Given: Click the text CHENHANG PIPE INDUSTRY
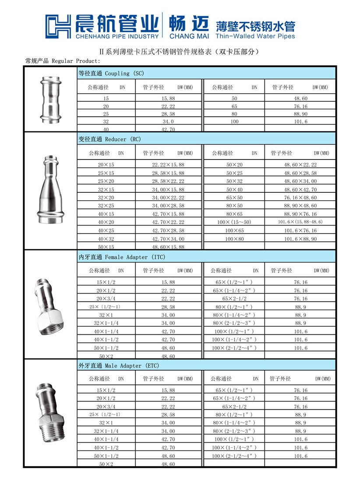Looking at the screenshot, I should click(x=117, y=36).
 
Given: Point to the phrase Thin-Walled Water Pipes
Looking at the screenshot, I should click(x=256, y=36).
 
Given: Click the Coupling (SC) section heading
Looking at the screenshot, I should click(x=111, y=73).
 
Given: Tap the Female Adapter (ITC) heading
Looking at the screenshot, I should click(x=122, y=257).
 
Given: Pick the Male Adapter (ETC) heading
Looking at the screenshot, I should click(x=119, y=365).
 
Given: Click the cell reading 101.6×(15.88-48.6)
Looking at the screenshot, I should click(x=300, y=222).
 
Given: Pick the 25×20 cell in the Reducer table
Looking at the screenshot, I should click(x=106, y=181).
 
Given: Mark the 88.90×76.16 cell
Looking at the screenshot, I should click(x=300, y=214).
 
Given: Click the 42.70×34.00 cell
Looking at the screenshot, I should click(x=168, y=239).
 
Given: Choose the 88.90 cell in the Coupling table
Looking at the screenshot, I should click(x=300, y=113).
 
